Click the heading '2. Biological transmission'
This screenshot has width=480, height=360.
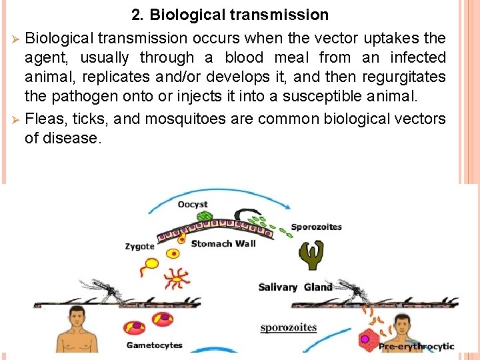tap(230, 15)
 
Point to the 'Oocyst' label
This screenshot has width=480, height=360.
tap(193, 204)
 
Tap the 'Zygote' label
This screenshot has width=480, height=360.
tap(139, 246)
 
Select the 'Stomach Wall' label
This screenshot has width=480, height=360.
tap(223, 243)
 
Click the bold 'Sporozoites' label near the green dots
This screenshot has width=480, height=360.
tap(316, 227)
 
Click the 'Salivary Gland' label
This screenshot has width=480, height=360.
tap(295, 287)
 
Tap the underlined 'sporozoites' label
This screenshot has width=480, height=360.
tap(289, 327)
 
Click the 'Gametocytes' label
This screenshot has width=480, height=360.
tap(154, 345)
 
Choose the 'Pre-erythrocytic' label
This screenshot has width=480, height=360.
tap(416, 346)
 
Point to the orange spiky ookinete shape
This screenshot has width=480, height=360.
tap(177, 276)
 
